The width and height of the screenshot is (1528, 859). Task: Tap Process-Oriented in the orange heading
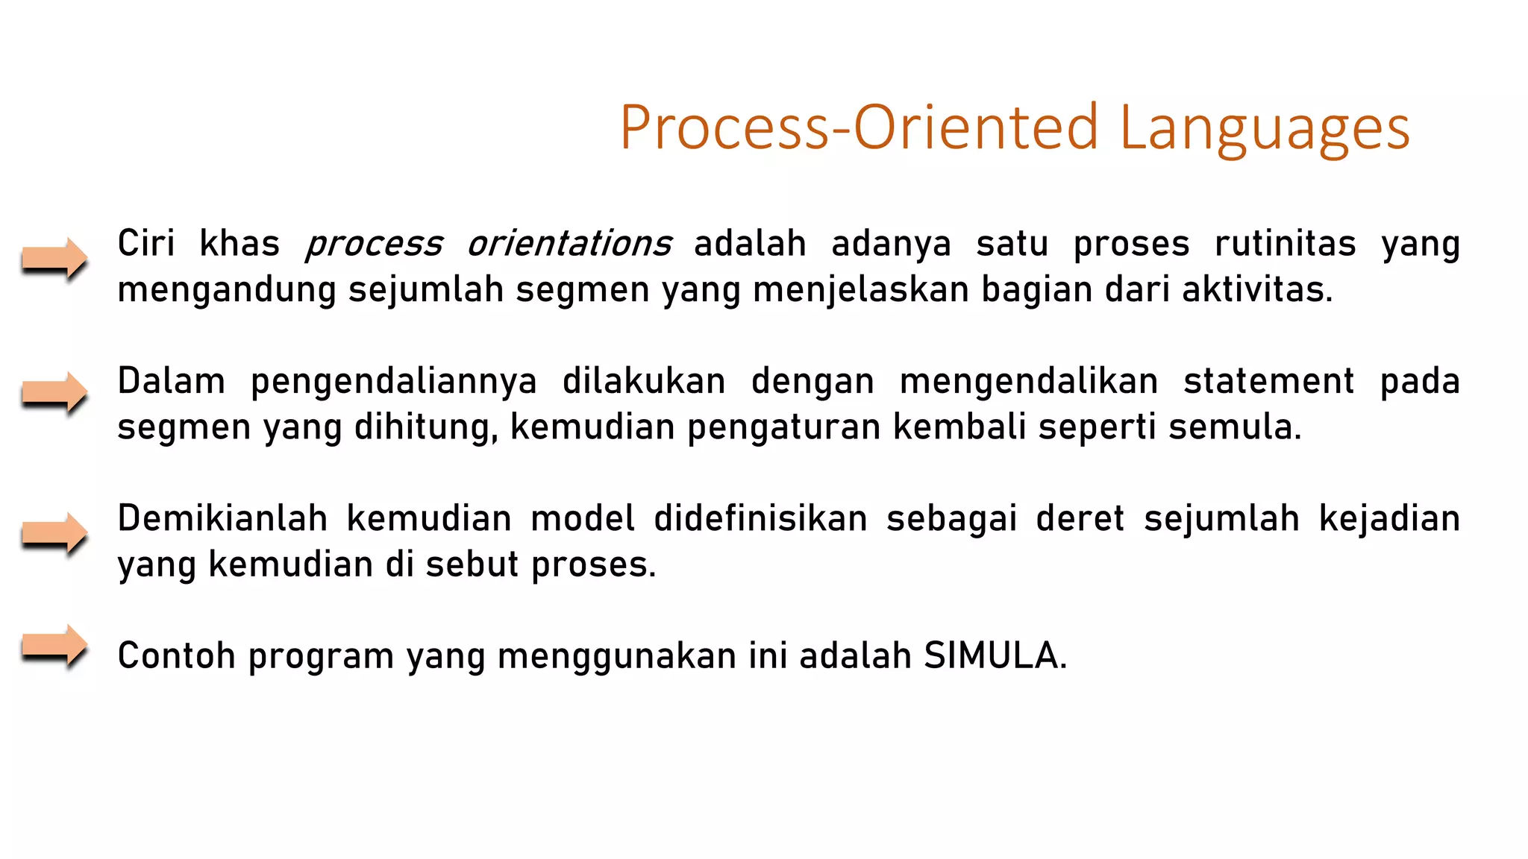[859, 128]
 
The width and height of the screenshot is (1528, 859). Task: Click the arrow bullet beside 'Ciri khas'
[54, 259]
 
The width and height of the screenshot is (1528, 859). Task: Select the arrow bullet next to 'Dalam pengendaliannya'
[54, 392]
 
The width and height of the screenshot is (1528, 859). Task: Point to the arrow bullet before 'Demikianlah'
[54, 533]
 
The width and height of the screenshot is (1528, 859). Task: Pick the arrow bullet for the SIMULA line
[54, 646]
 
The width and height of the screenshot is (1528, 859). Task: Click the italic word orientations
[569, 245]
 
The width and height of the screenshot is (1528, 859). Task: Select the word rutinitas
[1285, 245]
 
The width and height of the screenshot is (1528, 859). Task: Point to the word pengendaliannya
[393, 382]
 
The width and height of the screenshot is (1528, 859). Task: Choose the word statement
[1268, 382]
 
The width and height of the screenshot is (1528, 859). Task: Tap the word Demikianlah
[222, 518]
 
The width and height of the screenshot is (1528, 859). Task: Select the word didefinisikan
[760, 518]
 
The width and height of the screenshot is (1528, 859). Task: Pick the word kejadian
[1389, 518]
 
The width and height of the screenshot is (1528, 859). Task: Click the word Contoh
[177, 656]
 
